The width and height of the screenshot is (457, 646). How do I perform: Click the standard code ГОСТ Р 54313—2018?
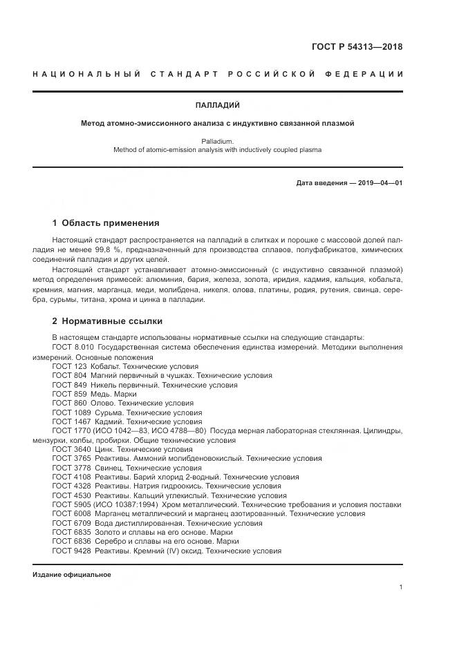(x=357, y=47)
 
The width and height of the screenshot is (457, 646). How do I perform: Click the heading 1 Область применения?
(x=106, y=223)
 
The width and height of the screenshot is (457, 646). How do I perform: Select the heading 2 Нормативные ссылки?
(x=107, y=321)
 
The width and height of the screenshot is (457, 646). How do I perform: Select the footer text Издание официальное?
(x=72, y=575)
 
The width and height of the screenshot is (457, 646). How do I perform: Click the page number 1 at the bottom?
(x=401, y=587)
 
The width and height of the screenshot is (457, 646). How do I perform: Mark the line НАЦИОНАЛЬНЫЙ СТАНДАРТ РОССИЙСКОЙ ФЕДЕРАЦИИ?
(x=217, y=75)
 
